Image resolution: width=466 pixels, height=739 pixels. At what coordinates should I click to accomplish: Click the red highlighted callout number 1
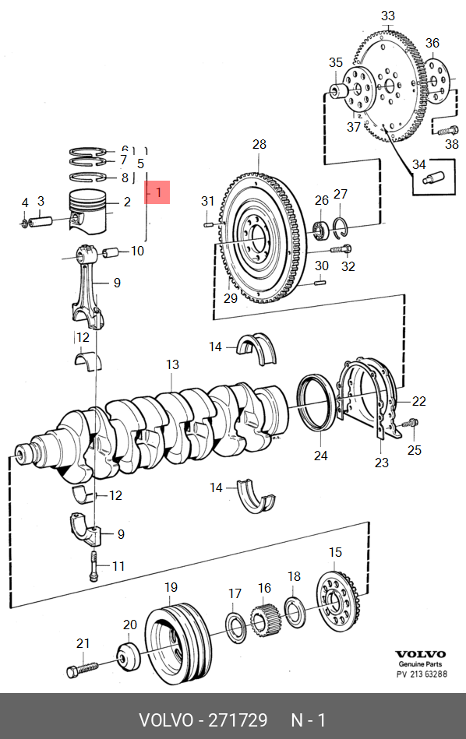[x=158, y=192]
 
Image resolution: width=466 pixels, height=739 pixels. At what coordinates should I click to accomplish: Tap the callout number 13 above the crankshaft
[x=173, y=364]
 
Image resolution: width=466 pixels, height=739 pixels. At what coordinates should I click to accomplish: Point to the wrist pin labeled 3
[x=41, y=220]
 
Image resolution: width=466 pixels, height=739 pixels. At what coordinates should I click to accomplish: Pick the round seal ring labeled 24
[x=316, y=403]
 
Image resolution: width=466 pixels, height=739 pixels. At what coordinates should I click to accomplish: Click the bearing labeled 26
[x=321, y=229]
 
